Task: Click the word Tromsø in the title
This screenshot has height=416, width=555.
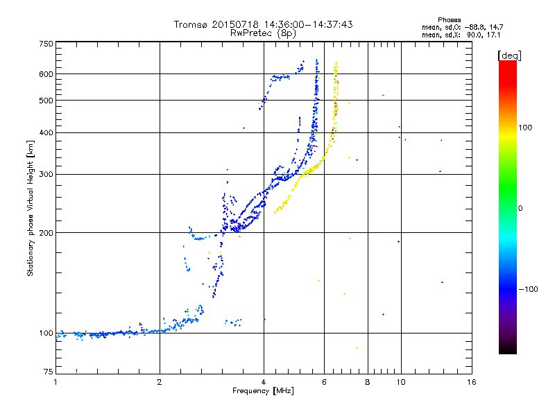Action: tap(190, 24)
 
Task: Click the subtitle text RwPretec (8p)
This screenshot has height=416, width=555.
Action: tap(263, 33)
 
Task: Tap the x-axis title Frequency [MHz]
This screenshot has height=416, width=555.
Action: tap(263, 391)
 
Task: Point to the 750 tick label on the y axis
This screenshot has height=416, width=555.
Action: tap(46, 44)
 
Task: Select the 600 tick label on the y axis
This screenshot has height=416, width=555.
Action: tap(46, 74)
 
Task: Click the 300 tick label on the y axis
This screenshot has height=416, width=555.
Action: tap(46, 174)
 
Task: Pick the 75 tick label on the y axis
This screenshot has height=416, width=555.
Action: tap(49, 372)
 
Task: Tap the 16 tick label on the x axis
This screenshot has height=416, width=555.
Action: tap(472, 382)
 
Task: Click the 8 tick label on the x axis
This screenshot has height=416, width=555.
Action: tap(368, 382)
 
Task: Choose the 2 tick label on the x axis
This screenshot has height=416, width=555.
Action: tap(160, 382)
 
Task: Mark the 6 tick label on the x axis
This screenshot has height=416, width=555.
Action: tap(324, 382)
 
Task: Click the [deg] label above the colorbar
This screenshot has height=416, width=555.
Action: tap(509, 55)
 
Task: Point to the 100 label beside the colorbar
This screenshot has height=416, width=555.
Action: tap(525, 128)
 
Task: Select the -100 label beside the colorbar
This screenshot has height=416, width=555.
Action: tap(528, 289)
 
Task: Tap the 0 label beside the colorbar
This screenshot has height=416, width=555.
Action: tap(520, 208)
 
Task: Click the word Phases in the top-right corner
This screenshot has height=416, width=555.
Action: tap(449, 20)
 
